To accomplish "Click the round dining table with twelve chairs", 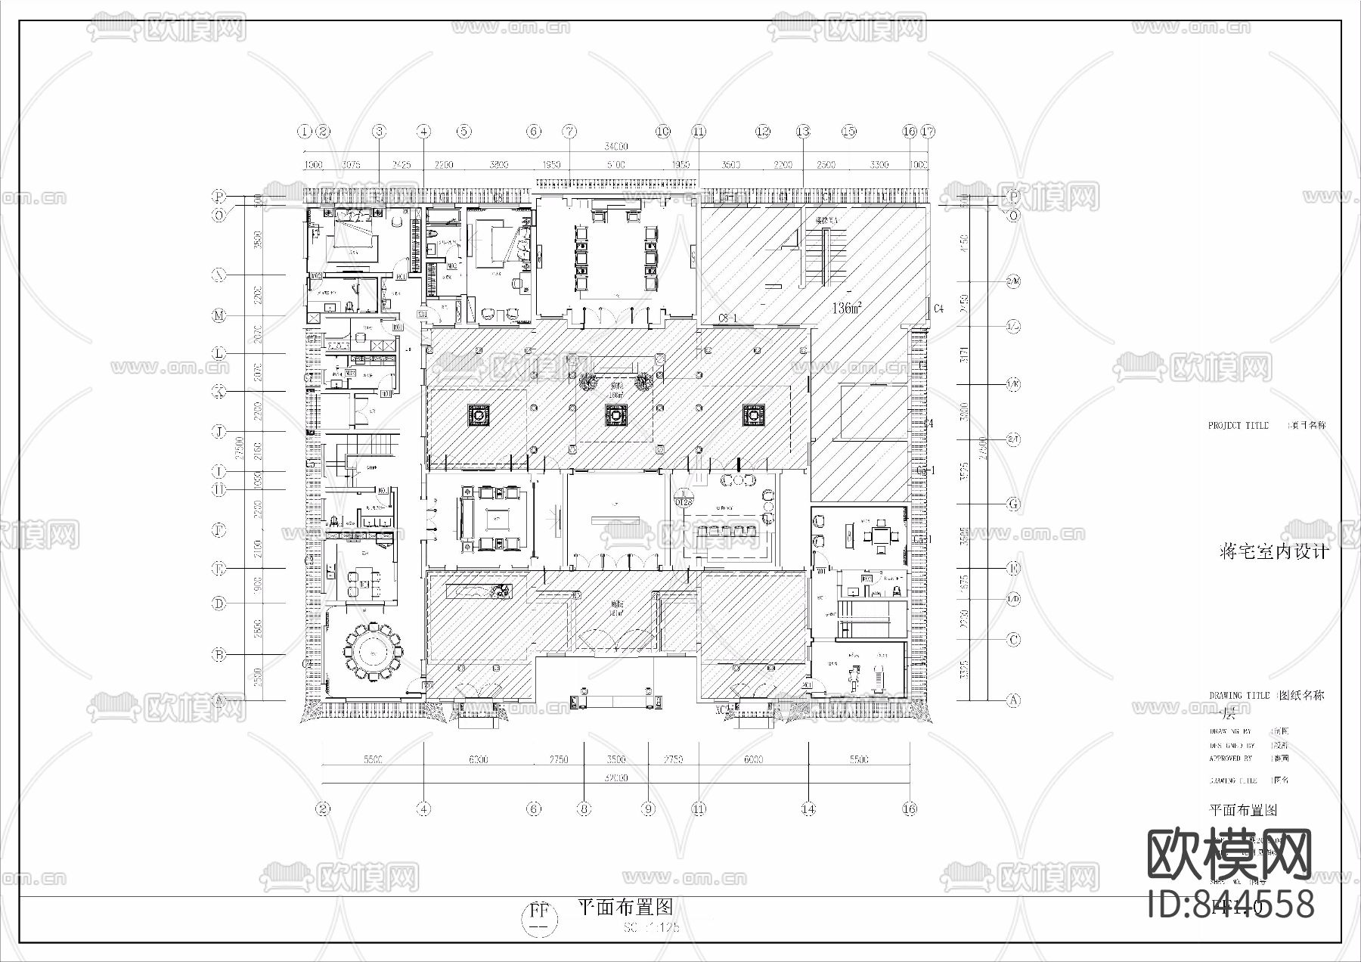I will (372, 650).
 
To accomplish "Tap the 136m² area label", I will (848, 308).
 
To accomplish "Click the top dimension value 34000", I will (616, 146).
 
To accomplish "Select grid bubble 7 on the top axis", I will (569, 131).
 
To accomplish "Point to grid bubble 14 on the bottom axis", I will (808, 808).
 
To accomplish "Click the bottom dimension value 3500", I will (616, 759).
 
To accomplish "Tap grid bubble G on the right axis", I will (1013, 504).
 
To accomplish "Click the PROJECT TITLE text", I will (1238, 426).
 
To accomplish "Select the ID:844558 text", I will (1231, 905).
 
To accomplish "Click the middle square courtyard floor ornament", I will (615, 415).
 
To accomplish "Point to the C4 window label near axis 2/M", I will (938, 308).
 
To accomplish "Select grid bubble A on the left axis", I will (219, 700).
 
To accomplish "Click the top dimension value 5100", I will (616, 164).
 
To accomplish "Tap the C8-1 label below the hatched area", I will (727, 318).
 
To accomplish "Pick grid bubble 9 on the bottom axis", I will (648, 808).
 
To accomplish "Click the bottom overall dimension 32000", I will (616, 777).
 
